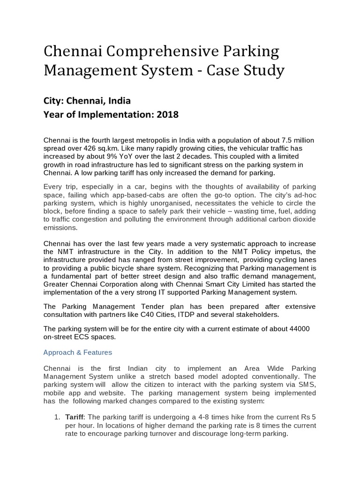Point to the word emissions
coord(60,228)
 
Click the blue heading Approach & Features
coord(77,352)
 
